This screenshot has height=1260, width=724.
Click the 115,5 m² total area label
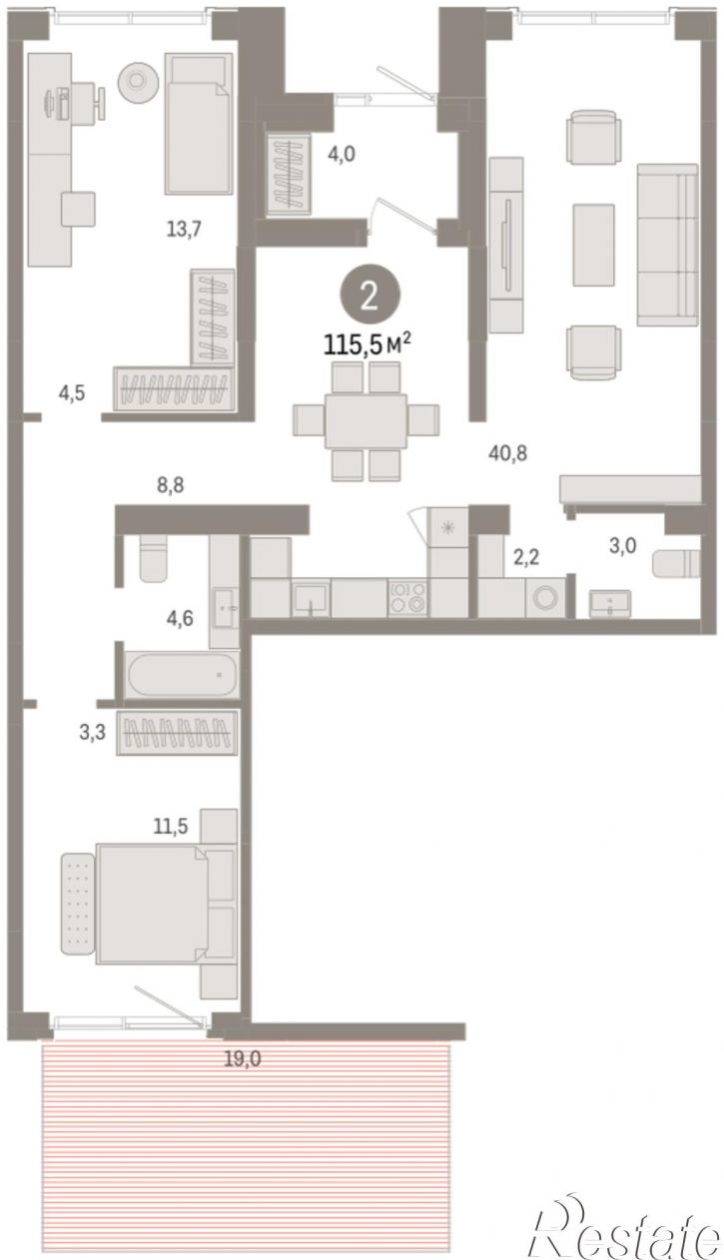[366, 343]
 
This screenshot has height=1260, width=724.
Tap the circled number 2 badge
[369, 296]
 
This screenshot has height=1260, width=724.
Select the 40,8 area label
[508, 453]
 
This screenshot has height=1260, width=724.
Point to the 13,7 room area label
[184, 229]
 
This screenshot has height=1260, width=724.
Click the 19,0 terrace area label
[243, 1059]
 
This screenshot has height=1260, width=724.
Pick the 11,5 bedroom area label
[171, 826]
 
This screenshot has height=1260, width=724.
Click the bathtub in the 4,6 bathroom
[182, 675]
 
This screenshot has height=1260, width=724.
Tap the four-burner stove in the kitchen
[407, 597]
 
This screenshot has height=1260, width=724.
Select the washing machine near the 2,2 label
[545, 597]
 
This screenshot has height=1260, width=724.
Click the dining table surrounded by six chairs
[366, 420]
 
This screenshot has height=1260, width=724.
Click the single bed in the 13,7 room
[199, 123]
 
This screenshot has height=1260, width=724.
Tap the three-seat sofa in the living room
[667, 246]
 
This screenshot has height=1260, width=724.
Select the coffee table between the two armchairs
[593, 246]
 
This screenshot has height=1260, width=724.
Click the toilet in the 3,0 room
[676, 563]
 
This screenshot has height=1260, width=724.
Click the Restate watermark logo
[625, 1228]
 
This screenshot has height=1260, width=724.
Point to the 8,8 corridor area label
[170, 485]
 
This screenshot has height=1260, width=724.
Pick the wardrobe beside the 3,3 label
[177, 733]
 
